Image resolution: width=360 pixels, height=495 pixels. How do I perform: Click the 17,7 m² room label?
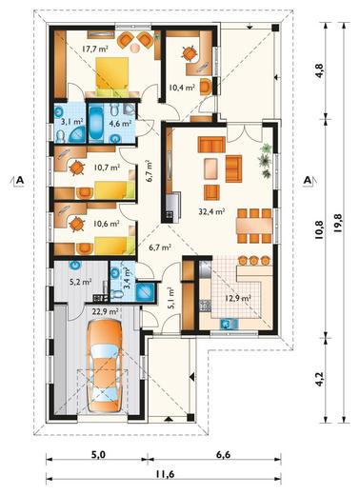point(95,49)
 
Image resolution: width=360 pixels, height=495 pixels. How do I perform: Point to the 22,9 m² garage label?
point(105,311)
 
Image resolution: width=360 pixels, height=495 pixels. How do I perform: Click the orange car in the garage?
point(105,366)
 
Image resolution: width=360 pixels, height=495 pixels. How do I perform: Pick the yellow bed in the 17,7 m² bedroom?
point(112,76)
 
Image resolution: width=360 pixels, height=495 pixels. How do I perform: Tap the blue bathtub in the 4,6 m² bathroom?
point(95,124)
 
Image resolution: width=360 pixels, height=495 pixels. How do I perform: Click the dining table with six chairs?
point(254,226)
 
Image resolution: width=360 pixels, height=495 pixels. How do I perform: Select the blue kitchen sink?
point(230,324)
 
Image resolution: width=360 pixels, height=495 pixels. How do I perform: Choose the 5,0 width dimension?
point(98,455)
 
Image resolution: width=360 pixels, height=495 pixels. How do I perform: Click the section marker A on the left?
point(20,180)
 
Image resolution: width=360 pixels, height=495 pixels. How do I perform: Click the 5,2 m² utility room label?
point(81,281)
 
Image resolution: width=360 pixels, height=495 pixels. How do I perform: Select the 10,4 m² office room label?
point(181,88)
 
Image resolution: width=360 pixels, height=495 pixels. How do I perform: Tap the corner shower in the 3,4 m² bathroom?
point(146,291)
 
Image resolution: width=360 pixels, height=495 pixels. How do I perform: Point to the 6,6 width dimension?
point(223,455)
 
